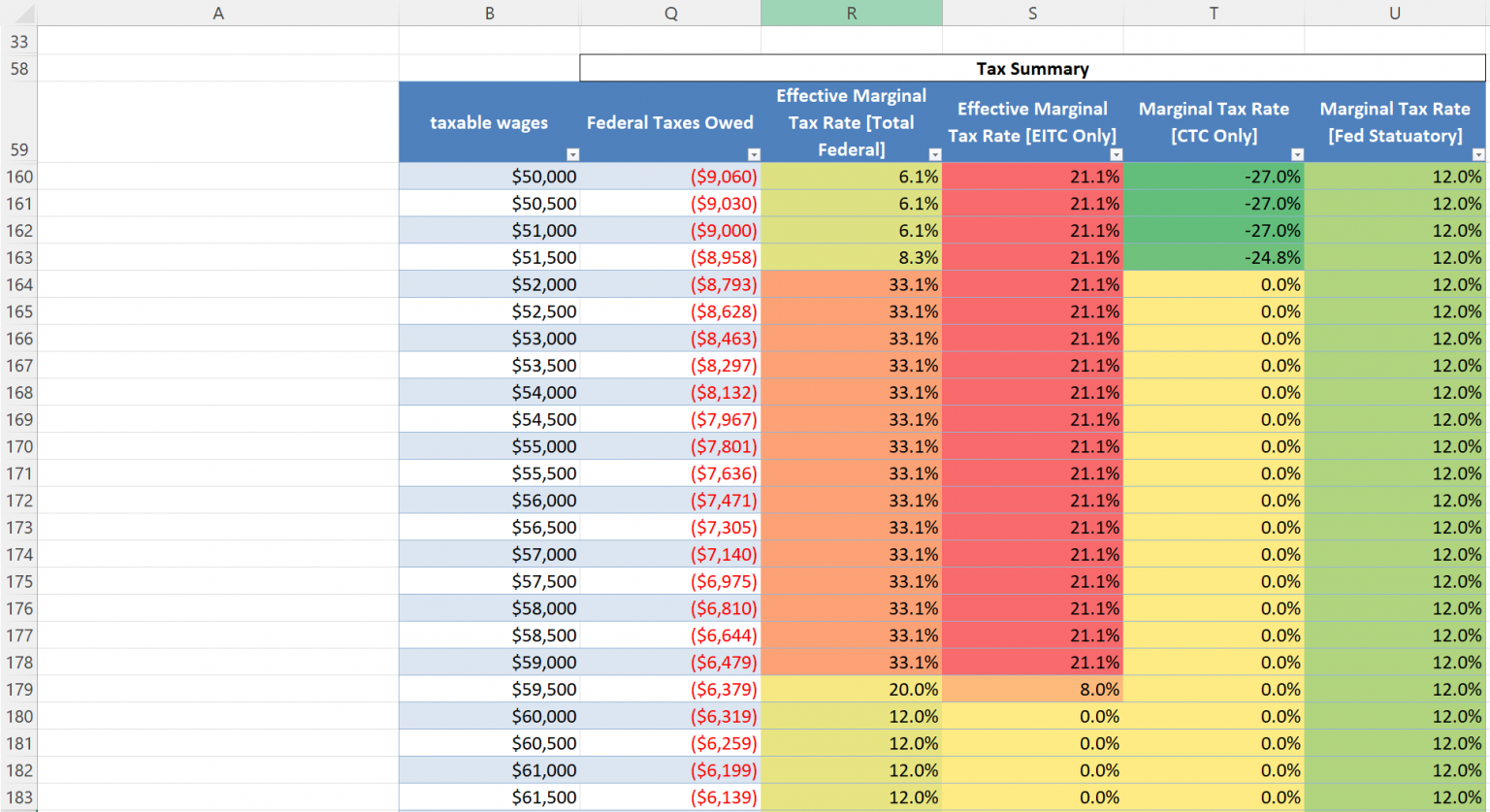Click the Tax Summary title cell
tap(1032, 69)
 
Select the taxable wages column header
tap(489, 122)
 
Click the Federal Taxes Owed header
tap(669, 122)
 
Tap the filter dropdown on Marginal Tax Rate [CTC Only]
tap(1297, 154)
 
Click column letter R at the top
tap(851, 13)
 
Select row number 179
tap(19, 690)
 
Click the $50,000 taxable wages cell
tap(489, 177)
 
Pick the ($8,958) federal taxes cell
tap(669, 258)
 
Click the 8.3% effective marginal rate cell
tap(851, 258)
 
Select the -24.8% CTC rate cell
tap(1214, 258)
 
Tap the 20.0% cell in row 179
tap(851, 690)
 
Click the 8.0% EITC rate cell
tap(1032, 690)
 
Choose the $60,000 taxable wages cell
tap(489, 717)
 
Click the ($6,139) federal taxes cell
tap(669, 797)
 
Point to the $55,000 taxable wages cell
tap(489, 447)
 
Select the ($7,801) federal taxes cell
tap(669, 447)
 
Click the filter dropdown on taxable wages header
tap(572, 154)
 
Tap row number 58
tap(19, 69)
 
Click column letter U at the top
tap(1394, 13)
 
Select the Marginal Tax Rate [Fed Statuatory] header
tap(1394, 122)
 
